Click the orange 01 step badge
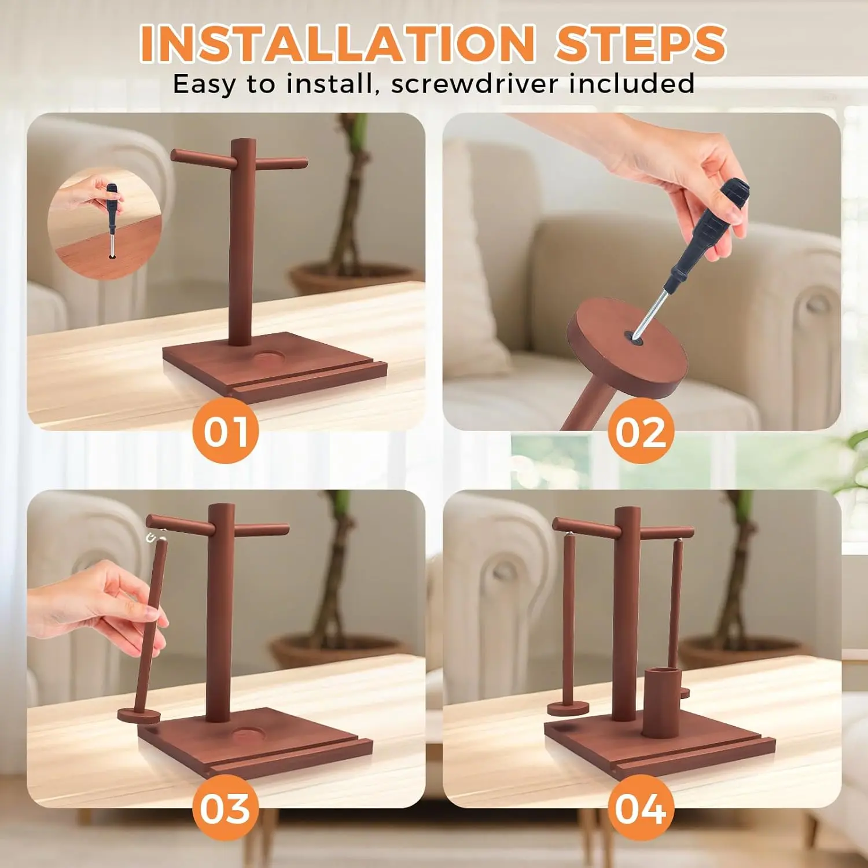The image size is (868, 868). [225, 431]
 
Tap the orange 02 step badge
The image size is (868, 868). [641, 431]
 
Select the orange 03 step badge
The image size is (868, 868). [225, 808]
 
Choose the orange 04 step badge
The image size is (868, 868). [641, 808]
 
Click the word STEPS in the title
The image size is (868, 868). [641, 43]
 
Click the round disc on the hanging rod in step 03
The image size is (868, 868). [139, 716]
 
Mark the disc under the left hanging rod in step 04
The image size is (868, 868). [568, 708]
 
